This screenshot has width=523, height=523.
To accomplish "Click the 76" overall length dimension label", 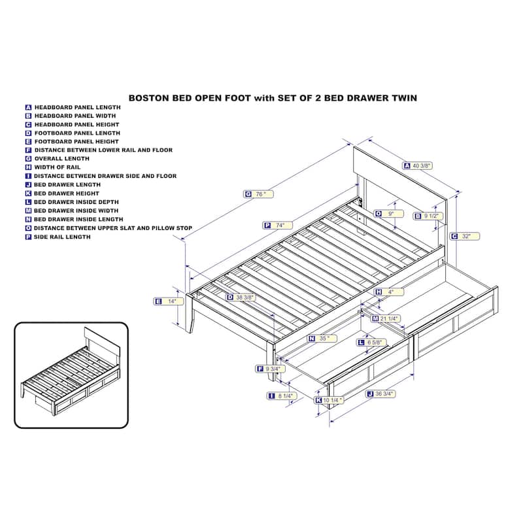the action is click(258, 194).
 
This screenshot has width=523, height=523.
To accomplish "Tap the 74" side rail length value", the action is click(277, 225).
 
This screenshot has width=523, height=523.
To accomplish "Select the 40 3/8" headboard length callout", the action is click(418, 165).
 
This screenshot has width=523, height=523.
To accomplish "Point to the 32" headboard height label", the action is click(465, 236).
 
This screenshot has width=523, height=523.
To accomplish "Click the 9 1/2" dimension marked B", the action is click(428, 216).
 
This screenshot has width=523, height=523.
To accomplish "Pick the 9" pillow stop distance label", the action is click(388, 214).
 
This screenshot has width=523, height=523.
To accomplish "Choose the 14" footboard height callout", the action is click(169, 301).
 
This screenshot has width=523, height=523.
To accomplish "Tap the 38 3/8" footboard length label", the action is click(241, 297).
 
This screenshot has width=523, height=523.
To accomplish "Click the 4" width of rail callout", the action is click(389, 292).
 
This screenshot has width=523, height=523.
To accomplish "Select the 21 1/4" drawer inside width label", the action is click(386, 318).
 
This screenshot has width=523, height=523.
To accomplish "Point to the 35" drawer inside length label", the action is click(322, 338).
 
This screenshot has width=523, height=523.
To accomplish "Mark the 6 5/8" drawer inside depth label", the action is click(372, 342).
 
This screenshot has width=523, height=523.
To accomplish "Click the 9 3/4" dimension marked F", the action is click(270, 369).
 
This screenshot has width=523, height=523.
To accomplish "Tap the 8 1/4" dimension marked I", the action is click(282, 396).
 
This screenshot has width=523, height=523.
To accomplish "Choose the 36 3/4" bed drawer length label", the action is click(380, 394).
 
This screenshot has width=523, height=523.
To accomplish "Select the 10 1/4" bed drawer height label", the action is click(329, 400).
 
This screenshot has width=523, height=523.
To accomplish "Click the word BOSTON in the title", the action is click(149, 98).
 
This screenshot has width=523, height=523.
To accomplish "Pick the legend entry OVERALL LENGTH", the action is click(61, 159).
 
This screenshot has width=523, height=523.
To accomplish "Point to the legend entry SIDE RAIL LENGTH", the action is click(62, 237).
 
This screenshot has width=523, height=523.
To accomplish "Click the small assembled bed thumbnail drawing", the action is click(71, 373).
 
